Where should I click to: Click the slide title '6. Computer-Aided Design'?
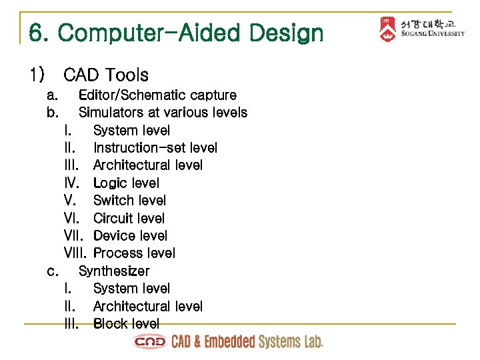click(176, 33)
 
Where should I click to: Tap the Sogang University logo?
click(421, 29)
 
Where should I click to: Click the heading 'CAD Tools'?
click(106, 75)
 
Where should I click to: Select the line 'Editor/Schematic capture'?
click(157, 95)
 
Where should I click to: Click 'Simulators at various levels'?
click(163, 113)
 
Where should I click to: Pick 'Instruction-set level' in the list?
click(155, 147)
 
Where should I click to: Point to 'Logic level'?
click(126, 183)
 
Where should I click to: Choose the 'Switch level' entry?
click(129, 200)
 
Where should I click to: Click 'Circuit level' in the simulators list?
click(129, 218)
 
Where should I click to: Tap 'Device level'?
click(130, 235)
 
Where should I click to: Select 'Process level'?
click(134, 253)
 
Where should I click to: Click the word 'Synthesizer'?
click(114, 271)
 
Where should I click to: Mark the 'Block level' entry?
click(126, 323)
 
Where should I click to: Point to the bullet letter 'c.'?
click(53, 271)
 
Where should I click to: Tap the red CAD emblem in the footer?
click(150, 342)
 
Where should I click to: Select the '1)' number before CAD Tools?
click(37, 75)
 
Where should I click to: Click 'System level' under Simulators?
click(131, 130)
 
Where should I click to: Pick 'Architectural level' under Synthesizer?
click(147, 306)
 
